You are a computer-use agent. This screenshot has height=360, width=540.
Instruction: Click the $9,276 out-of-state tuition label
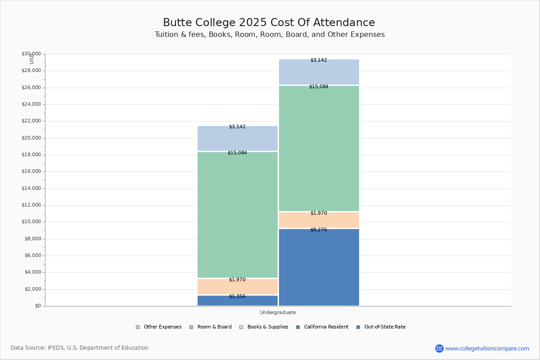point(319,230)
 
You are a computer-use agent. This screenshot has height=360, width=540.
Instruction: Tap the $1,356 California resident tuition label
point(237,297)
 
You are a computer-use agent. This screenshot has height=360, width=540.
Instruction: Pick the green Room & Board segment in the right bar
point(319,148)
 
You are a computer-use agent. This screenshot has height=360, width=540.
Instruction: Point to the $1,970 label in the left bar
point(237,280)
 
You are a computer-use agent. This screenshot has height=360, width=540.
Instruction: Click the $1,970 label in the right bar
point(319,213)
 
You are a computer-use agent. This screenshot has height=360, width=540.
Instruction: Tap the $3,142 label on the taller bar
point(319,60)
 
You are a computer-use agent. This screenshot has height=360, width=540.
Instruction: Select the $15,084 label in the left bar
point(237,153)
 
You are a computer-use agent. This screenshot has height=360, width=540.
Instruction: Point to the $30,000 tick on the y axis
point(31,54)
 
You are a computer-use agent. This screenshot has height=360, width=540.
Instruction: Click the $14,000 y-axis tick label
point(31,189)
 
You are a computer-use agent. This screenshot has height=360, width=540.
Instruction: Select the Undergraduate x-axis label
point(278,313)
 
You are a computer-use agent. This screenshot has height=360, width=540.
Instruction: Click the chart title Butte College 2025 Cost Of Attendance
point(269,23)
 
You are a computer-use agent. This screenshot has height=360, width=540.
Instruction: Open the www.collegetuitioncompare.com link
point(487,348)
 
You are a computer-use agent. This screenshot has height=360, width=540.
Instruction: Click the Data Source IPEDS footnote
point(80,348)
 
